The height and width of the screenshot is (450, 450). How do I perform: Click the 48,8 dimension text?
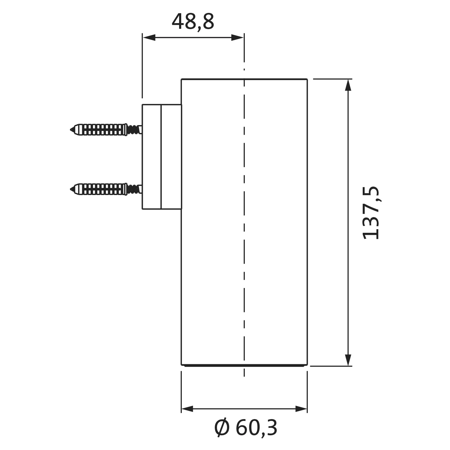(x=193, y=22)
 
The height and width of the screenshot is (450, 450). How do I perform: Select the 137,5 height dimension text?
(x=371, y=213)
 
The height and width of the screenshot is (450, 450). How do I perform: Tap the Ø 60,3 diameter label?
(x=246, y=428)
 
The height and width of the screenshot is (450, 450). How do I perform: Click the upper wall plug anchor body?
(x=100, y=130)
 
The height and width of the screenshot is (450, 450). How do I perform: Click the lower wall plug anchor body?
(x=100, y=189)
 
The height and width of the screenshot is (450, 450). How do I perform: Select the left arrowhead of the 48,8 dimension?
(x=149, y=37)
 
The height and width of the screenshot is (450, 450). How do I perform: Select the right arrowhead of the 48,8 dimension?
(x=237, y=37)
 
